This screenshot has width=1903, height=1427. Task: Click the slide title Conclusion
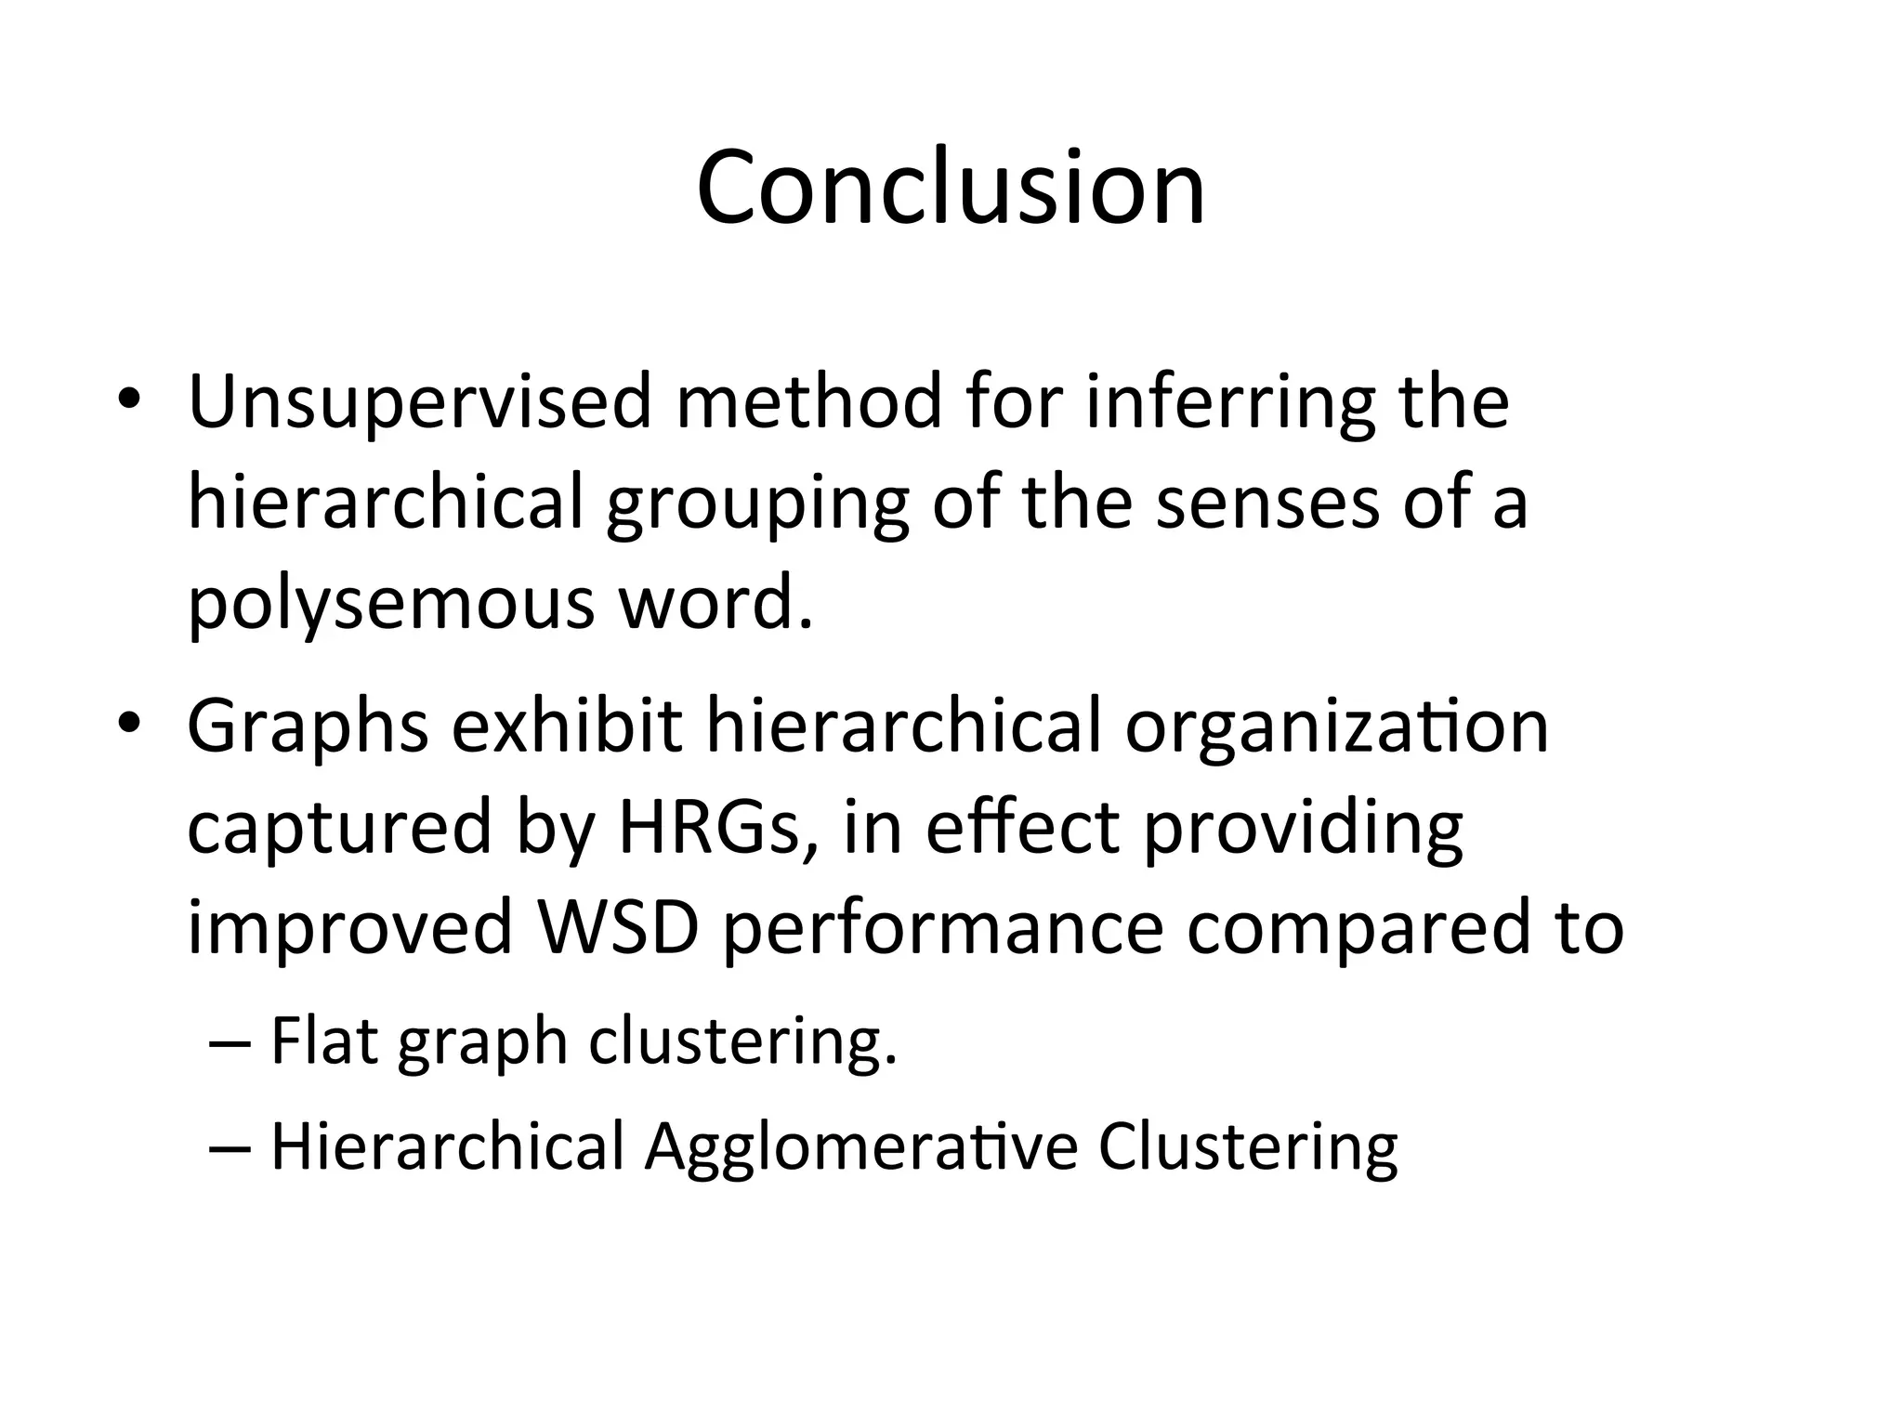(x=951, y=189)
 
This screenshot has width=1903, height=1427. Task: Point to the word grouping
(x=757, y=504)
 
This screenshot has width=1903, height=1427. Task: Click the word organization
(x=1336, y=727)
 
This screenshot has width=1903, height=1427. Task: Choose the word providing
(x=1303, y=828)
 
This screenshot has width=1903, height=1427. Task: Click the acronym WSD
(x=617, y=928)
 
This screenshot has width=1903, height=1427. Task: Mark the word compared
(x=1357, y=930)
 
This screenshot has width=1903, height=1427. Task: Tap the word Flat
(x=323, y=1041)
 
